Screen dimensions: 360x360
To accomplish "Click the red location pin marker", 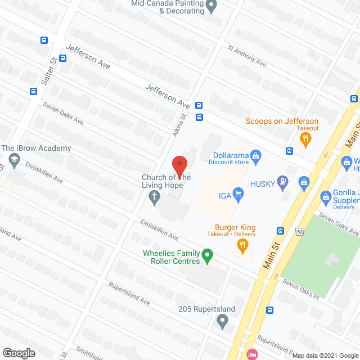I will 179,165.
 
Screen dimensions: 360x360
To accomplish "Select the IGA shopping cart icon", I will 238,195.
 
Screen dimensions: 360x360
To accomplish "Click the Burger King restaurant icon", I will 242,244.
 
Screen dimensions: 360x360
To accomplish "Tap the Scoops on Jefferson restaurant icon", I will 305,139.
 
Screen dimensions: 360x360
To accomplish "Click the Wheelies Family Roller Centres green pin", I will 207,257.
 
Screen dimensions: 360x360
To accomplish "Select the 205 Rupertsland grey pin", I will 222,321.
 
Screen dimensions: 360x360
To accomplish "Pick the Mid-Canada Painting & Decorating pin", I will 212,7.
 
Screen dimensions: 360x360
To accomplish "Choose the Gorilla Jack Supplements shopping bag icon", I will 325,197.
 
